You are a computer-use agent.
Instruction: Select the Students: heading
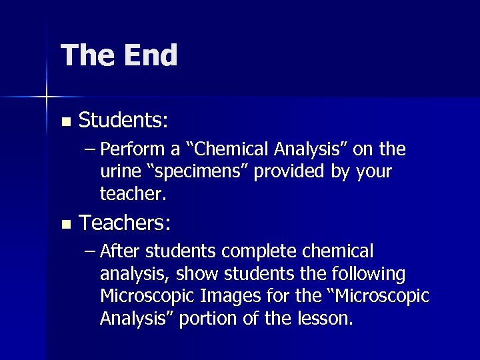click(123, 121)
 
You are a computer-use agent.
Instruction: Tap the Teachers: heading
click(125, 223)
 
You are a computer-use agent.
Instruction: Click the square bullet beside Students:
click(65, 122)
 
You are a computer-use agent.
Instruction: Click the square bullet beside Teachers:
click(65, 224)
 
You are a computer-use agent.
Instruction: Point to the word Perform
click(130, 149)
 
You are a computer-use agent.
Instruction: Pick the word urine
click(117, 171)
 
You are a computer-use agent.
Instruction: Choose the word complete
click(261, 251)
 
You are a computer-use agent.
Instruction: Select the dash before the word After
click(91, 251)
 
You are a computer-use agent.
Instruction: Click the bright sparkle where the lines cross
click(47, 97)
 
